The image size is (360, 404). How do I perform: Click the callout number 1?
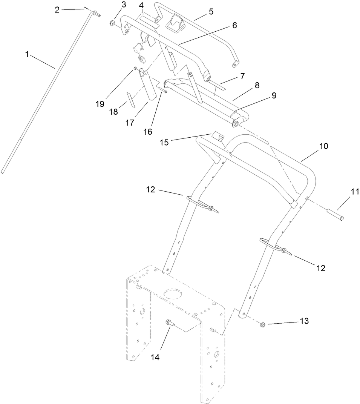click(x=27, y=54)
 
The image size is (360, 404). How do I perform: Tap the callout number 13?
click(x=304, y=321)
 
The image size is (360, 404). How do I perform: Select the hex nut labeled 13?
click(x=263, y=324)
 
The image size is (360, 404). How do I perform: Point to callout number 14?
click(x=155, y=357)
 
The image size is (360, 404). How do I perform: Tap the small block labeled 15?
click(x=218, y=135)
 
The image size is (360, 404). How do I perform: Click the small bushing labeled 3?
click(x=112, y=24)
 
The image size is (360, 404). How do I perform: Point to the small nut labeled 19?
click(x=135, y=69)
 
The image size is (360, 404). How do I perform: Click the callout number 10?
click(x=324, y=146)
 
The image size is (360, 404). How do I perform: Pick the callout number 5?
click(x=211, y=11)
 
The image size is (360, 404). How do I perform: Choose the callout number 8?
click(x=256, y=85)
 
